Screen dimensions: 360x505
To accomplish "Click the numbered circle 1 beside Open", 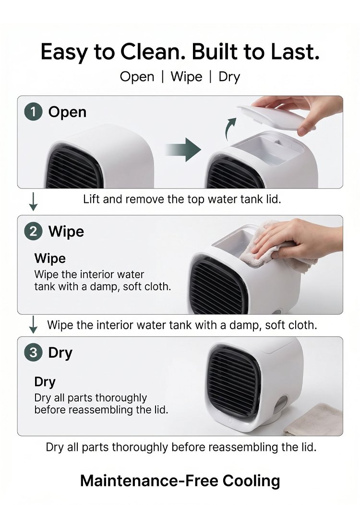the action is (34, 112).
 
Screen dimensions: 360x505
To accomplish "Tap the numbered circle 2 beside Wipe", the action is (34, 232).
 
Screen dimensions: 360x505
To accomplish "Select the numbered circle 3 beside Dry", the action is (34, 352).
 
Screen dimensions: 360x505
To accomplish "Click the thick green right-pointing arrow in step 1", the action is (183, 150).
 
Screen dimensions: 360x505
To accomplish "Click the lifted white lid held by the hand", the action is (276, 117).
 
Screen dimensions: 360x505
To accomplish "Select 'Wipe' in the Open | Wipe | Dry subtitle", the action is (186, 77).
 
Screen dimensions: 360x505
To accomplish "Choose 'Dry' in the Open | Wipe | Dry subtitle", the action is (229, 77).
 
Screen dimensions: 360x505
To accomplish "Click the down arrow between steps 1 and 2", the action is (33, 201).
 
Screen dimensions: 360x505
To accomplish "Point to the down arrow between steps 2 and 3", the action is (33, 324).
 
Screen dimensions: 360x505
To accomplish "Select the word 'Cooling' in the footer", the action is (251, 481).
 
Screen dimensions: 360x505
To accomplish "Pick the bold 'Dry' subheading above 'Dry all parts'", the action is (45, 382).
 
